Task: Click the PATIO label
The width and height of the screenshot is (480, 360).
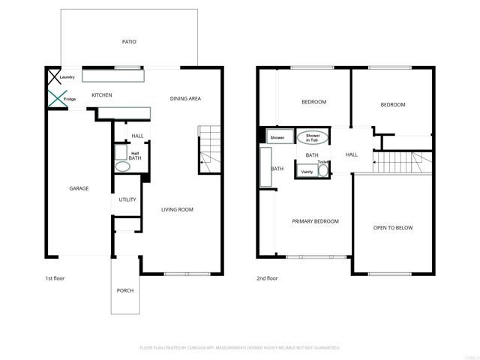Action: click(129, 42)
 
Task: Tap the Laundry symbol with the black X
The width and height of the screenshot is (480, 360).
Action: click(54, 76)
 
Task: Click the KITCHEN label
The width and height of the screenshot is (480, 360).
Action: click(102, 95)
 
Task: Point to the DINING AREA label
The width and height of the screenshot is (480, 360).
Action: click(185, 98)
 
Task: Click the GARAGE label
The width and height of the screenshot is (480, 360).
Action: click(79, 188)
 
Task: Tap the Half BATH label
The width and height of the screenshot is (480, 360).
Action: click(135, 155)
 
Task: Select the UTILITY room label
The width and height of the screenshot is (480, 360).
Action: click(127, 199)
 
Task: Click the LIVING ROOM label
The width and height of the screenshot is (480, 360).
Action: click(177, 209)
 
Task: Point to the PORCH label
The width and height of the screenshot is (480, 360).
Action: click(125, 290)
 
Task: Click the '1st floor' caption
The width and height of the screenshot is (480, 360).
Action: click(55, 278)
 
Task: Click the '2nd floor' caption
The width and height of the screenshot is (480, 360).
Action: click(267, 278)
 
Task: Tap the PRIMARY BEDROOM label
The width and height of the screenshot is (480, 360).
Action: click(315, 221)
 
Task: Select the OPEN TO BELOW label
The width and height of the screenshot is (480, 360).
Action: click(393, 227)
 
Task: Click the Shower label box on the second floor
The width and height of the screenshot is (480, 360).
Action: click(277, 138)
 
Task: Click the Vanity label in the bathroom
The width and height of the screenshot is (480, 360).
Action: click(307, 172)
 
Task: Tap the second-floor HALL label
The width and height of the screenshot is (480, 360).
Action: click(352, 154)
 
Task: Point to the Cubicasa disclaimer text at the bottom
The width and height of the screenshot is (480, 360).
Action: click(240, 347)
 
